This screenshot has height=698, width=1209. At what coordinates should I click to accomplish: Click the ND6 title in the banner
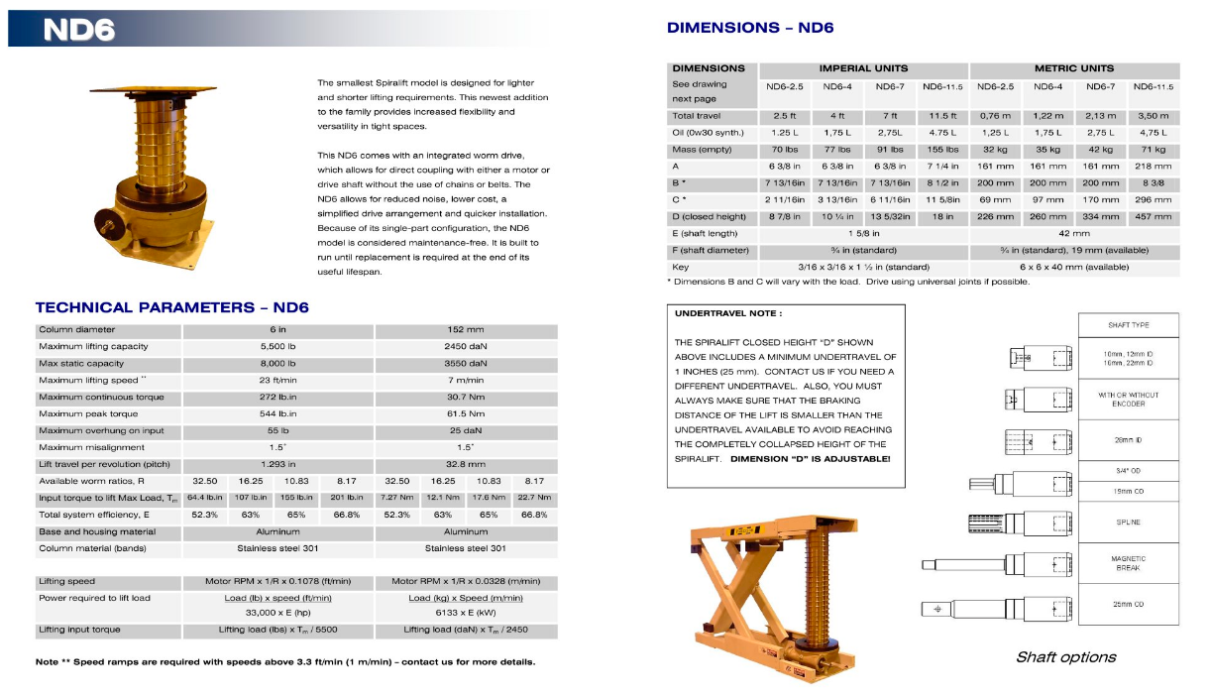78,30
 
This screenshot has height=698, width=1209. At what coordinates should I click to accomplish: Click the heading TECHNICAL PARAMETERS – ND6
171,307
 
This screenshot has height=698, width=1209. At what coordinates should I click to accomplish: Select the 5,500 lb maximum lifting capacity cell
278,346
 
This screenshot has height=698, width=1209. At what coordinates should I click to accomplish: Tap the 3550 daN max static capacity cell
466,364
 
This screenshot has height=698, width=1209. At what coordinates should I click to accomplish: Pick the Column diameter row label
77,329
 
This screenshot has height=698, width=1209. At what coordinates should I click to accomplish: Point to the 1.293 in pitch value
278,464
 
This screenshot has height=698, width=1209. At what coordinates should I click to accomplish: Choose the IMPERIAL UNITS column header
863,68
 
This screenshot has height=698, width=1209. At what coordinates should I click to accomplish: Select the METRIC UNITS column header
1074,68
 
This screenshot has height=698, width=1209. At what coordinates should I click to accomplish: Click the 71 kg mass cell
1153,150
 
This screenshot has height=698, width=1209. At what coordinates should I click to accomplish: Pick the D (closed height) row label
710,217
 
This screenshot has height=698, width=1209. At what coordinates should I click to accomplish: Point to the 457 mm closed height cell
1153,217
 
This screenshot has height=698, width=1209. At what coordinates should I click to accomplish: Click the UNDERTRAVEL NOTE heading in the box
728,313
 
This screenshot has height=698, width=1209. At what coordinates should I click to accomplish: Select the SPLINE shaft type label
1128,522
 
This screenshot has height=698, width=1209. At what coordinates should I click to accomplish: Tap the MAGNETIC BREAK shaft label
1128,563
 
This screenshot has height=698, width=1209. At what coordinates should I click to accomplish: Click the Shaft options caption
1065,656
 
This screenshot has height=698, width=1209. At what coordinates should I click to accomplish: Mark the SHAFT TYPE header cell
1128,325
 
